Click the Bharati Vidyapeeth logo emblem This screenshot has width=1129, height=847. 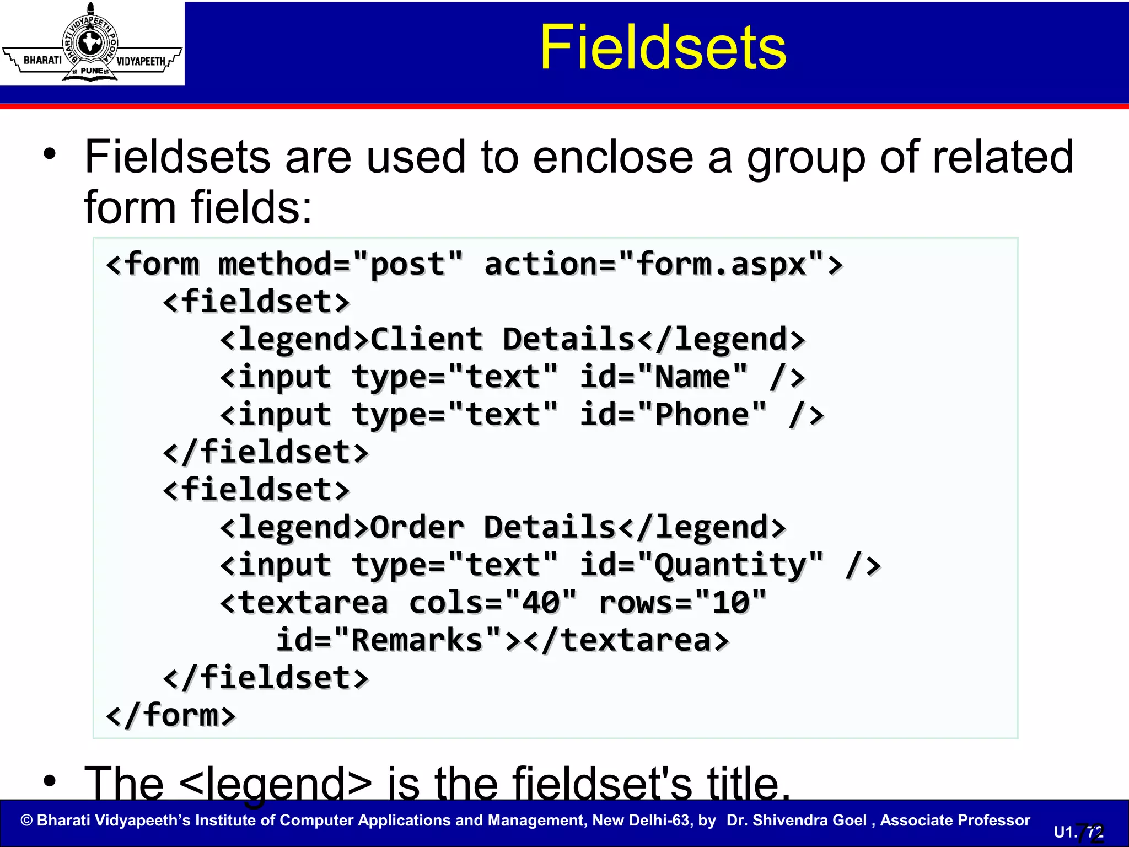92,43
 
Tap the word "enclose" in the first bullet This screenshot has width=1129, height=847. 612,157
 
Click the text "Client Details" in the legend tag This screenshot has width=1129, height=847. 502,339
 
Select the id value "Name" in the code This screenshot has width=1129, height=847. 692,377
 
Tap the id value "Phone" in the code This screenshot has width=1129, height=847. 702,415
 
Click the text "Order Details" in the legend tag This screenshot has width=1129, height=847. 492,527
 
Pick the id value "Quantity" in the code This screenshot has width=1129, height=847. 730,566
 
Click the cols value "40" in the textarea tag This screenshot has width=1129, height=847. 541,602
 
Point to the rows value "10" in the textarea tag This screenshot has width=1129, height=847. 730,602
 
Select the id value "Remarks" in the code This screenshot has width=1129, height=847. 417,640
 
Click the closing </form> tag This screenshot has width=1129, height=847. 171,715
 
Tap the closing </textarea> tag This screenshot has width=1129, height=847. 625,640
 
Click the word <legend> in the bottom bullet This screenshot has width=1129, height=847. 276,783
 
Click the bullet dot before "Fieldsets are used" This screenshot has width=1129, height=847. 50,155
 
